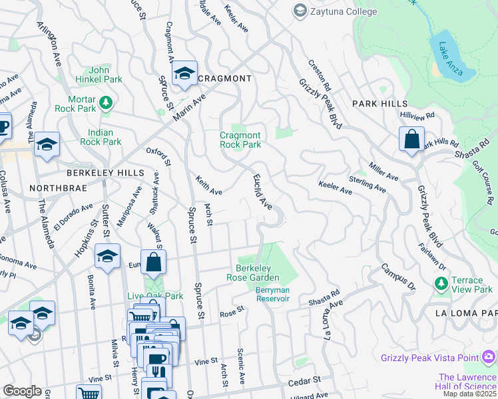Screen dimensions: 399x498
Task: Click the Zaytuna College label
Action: click(336, 11)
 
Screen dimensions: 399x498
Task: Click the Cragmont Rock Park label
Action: click(240, 140)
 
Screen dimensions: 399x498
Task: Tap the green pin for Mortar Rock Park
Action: click(105, 102)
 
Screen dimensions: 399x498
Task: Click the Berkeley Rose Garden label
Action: click(257, 273)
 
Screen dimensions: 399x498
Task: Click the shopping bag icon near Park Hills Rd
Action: click(412, 140)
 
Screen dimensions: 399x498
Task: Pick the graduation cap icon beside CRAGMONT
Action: click(184, 74)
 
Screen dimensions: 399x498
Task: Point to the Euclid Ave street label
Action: click(262, 192)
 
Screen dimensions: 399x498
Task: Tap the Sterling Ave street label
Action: click(368, 184)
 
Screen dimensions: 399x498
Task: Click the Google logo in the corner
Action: click(22, 390)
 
